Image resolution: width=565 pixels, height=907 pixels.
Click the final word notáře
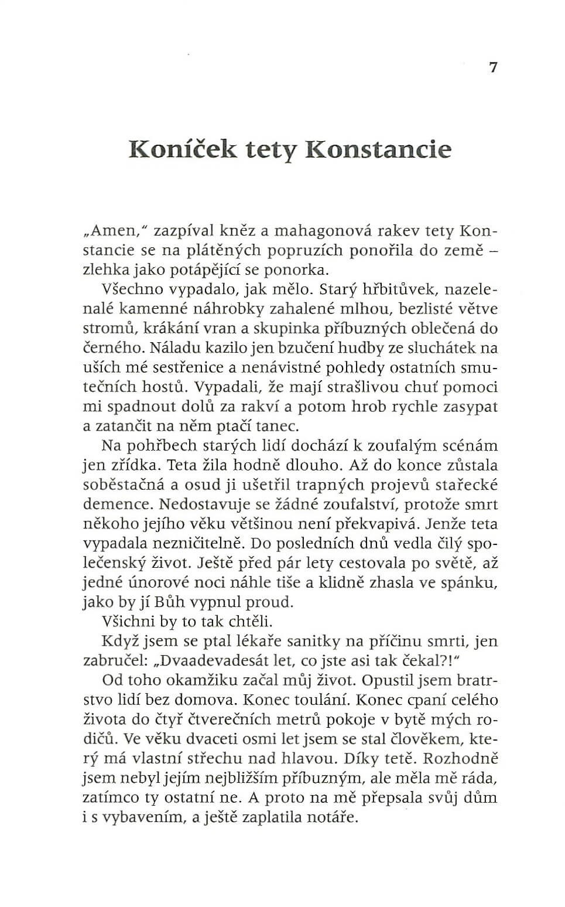click(337, 817)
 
